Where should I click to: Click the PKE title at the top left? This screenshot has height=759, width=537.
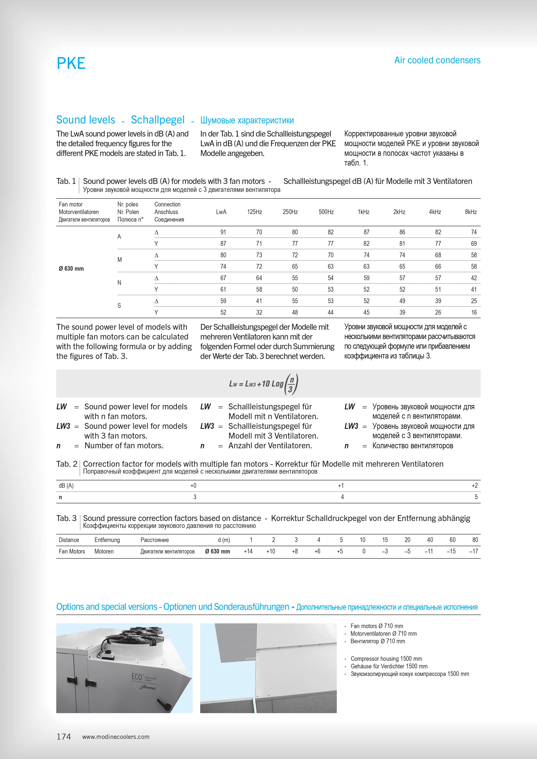click(71, 63)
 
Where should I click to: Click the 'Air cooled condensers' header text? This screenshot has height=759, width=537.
click(437, 60)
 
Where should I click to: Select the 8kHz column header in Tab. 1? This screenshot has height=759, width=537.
click(471, 212)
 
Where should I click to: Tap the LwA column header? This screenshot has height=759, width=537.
click(221, 212)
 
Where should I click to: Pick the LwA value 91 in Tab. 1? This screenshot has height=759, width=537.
click(223, 232)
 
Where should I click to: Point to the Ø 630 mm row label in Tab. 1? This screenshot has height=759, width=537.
click(71, 269)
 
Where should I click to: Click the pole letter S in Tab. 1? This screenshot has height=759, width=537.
click(119, 306)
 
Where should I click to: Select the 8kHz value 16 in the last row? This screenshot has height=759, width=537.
click(474, 312)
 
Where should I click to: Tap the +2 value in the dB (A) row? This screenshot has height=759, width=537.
click(474, 486)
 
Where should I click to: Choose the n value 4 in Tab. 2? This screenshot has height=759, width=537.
click(342, 497)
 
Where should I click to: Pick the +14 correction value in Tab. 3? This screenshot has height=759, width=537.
click(248, 551)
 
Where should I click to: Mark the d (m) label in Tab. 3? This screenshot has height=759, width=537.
click(224, 540)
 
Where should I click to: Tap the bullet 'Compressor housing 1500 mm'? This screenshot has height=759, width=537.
click(386, 659)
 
